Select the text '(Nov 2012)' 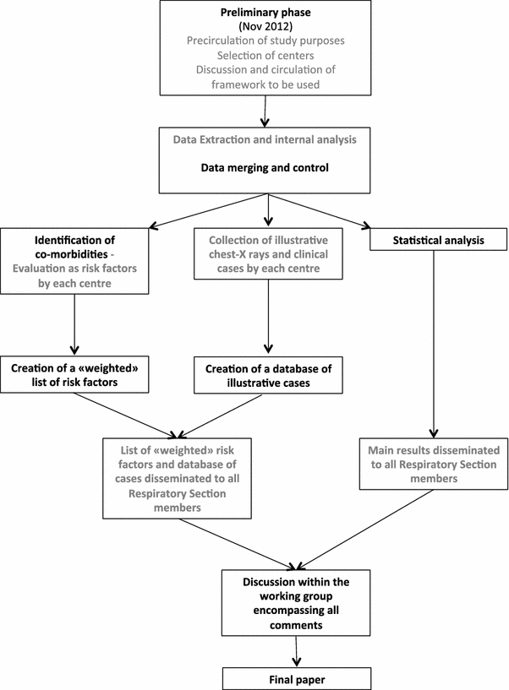click(x=267, y=28)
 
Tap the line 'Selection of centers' click(x=267, y=57)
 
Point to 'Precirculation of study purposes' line click(x=267, y=42)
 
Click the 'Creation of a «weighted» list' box click(x=75, y=375)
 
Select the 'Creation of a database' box click(x=267, y=375)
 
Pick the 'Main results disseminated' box click(x=434, y=464)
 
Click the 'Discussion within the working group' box click(x=296, y=603)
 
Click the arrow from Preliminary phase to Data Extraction click(x=267, y=109)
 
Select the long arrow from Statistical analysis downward click(x=434, y=346)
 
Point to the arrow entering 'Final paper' click(x=296, y=651)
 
